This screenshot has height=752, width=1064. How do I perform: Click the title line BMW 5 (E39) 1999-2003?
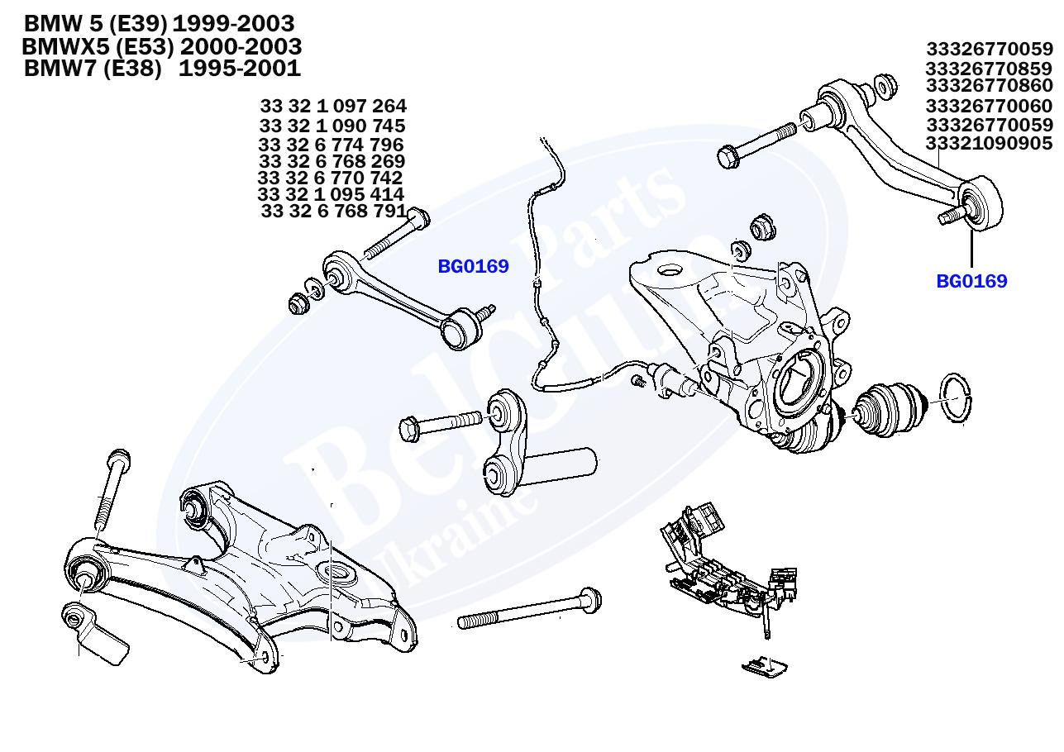(x=159, y=23)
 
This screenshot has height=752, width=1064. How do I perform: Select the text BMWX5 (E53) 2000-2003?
(x=162, y=46)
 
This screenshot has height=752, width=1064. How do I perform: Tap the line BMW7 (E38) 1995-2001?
(x=162, y=69)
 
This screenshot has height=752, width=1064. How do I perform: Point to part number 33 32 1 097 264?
(x=333, y=107)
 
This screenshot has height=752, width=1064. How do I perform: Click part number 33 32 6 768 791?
(x=333, y=212)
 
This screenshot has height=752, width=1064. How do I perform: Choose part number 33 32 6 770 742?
(x=331, y=178)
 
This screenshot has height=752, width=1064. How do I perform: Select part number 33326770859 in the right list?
(x=989, y=68)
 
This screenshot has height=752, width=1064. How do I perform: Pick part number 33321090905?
(x=989, y=144)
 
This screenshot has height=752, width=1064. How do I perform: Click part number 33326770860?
(x=989, y=86)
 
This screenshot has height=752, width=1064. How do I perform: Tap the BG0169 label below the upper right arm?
(x=971, y=282)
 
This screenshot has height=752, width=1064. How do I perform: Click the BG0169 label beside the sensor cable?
(x=473, y=267)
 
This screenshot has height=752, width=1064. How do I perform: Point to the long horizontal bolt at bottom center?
(x=529, y=610)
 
